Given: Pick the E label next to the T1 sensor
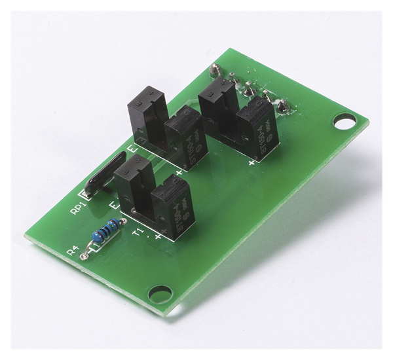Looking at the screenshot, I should pyautogui.click(x=112, y=207).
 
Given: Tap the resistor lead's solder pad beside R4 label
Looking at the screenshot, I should pyautogui.click(x=85, y=257).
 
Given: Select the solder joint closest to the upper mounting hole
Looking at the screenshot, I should pyautogui.click(x=283, y=104).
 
